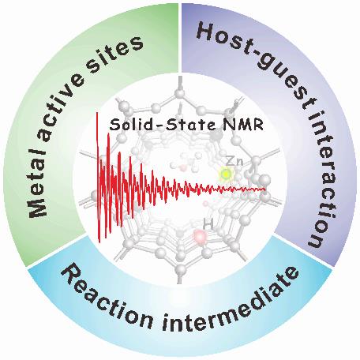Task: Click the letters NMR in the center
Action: (x=242, y=125)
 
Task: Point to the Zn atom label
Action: (x=235, y=161)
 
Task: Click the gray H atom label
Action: (x=208, y=224)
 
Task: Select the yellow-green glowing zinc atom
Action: (x=226, y=174)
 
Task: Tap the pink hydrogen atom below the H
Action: (x=201, y=236)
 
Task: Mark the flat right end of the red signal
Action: (x=264, y=189)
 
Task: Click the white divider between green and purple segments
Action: (x=180, y=38)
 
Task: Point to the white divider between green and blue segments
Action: (x=57, y=252)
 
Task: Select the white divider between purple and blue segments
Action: (x=303, y=251)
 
